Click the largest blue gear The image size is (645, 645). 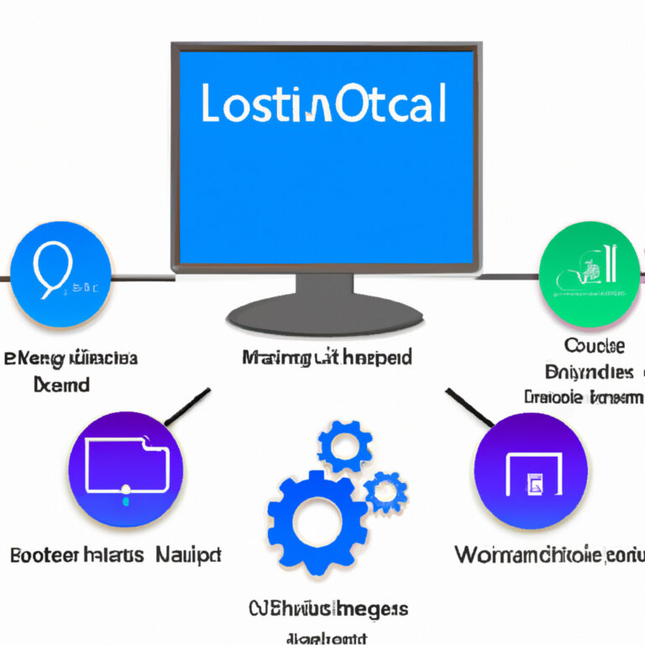tap(317, 522)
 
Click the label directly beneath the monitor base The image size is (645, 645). tap(327, 359)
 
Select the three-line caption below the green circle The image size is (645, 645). tap(585, 370)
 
